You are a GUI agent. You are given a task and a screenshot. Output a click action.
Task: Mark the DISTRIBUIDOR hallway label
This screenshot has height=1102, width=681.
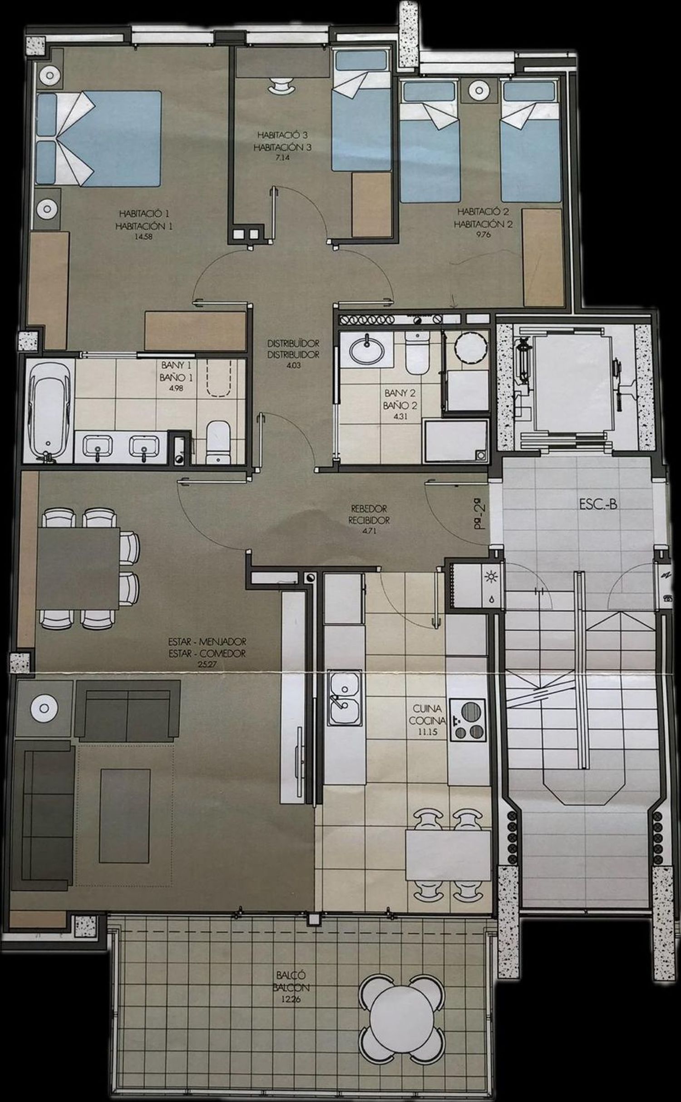[293, 354]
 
